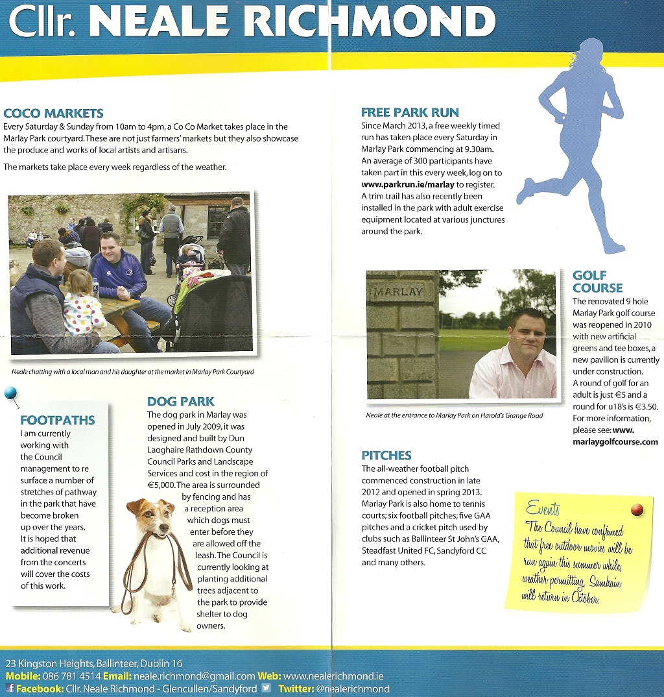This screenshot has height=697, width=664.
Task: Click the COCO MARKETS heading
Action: point(53,113)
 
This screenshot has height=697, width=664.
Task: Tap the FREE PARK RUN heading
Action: point(410,112)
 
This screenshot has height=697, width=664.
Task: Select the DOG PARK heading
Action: point(181,401)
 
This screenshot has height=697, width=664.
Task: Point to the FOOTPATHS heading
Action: point(58,420)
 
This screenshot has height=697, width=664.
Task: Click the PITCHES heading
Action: point(386,455)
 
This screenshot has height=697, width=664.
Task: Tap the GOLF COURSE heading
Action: point(597,282)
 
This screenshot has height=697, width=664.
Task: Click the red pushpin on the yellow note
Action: point(636,509)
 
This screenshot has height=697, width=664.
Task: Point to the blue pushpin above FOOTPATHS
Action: point(10,393)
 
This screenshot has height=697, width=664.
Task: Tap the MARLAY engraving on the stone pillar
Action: point(397,292)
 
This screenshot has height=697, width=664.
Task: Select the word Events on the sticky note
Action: point(543,507)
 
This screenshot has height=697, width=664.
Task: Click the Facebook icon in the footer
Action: point(10,688)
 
